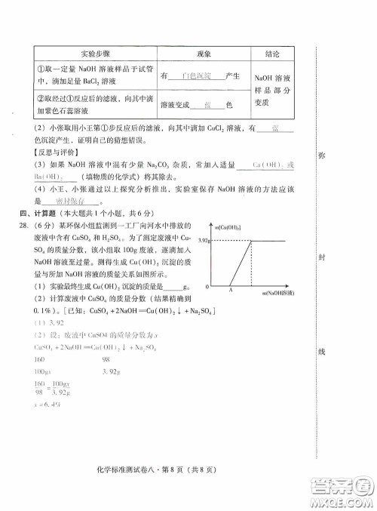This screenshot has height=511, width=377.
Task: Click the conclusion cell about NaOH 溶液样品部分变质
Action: pyautogui.click(x=273, y=90)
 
